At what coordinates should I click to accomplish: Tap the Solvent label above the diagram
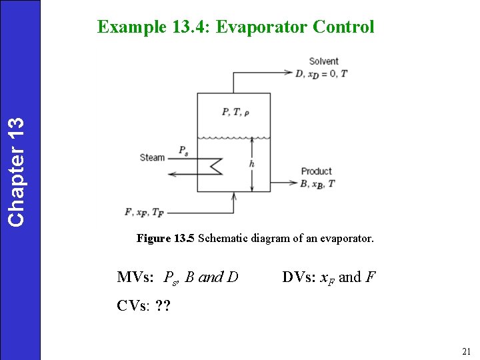tap(323, 61)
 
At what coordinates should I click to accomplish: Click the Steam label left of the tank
tap(152, 158)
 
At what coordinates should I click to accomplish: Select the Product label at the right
tap(316, 171)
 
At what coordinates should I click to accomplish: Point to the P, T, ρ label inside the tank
tap(236, 112)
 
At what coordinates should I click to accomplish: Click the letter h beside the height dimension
tap(251, 164)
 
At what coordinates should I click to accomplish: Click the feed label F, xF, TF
tap(143, 213)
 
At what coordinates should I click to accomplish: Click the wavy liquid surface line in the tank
tap(233, 138)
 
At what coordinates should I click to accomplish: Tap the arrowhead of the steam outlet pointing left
tap(171, 174)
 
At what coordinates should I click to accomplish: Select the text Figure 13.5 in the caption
tap(165, 238)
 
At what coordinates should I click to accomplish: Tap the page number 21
tap(466, 351)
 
